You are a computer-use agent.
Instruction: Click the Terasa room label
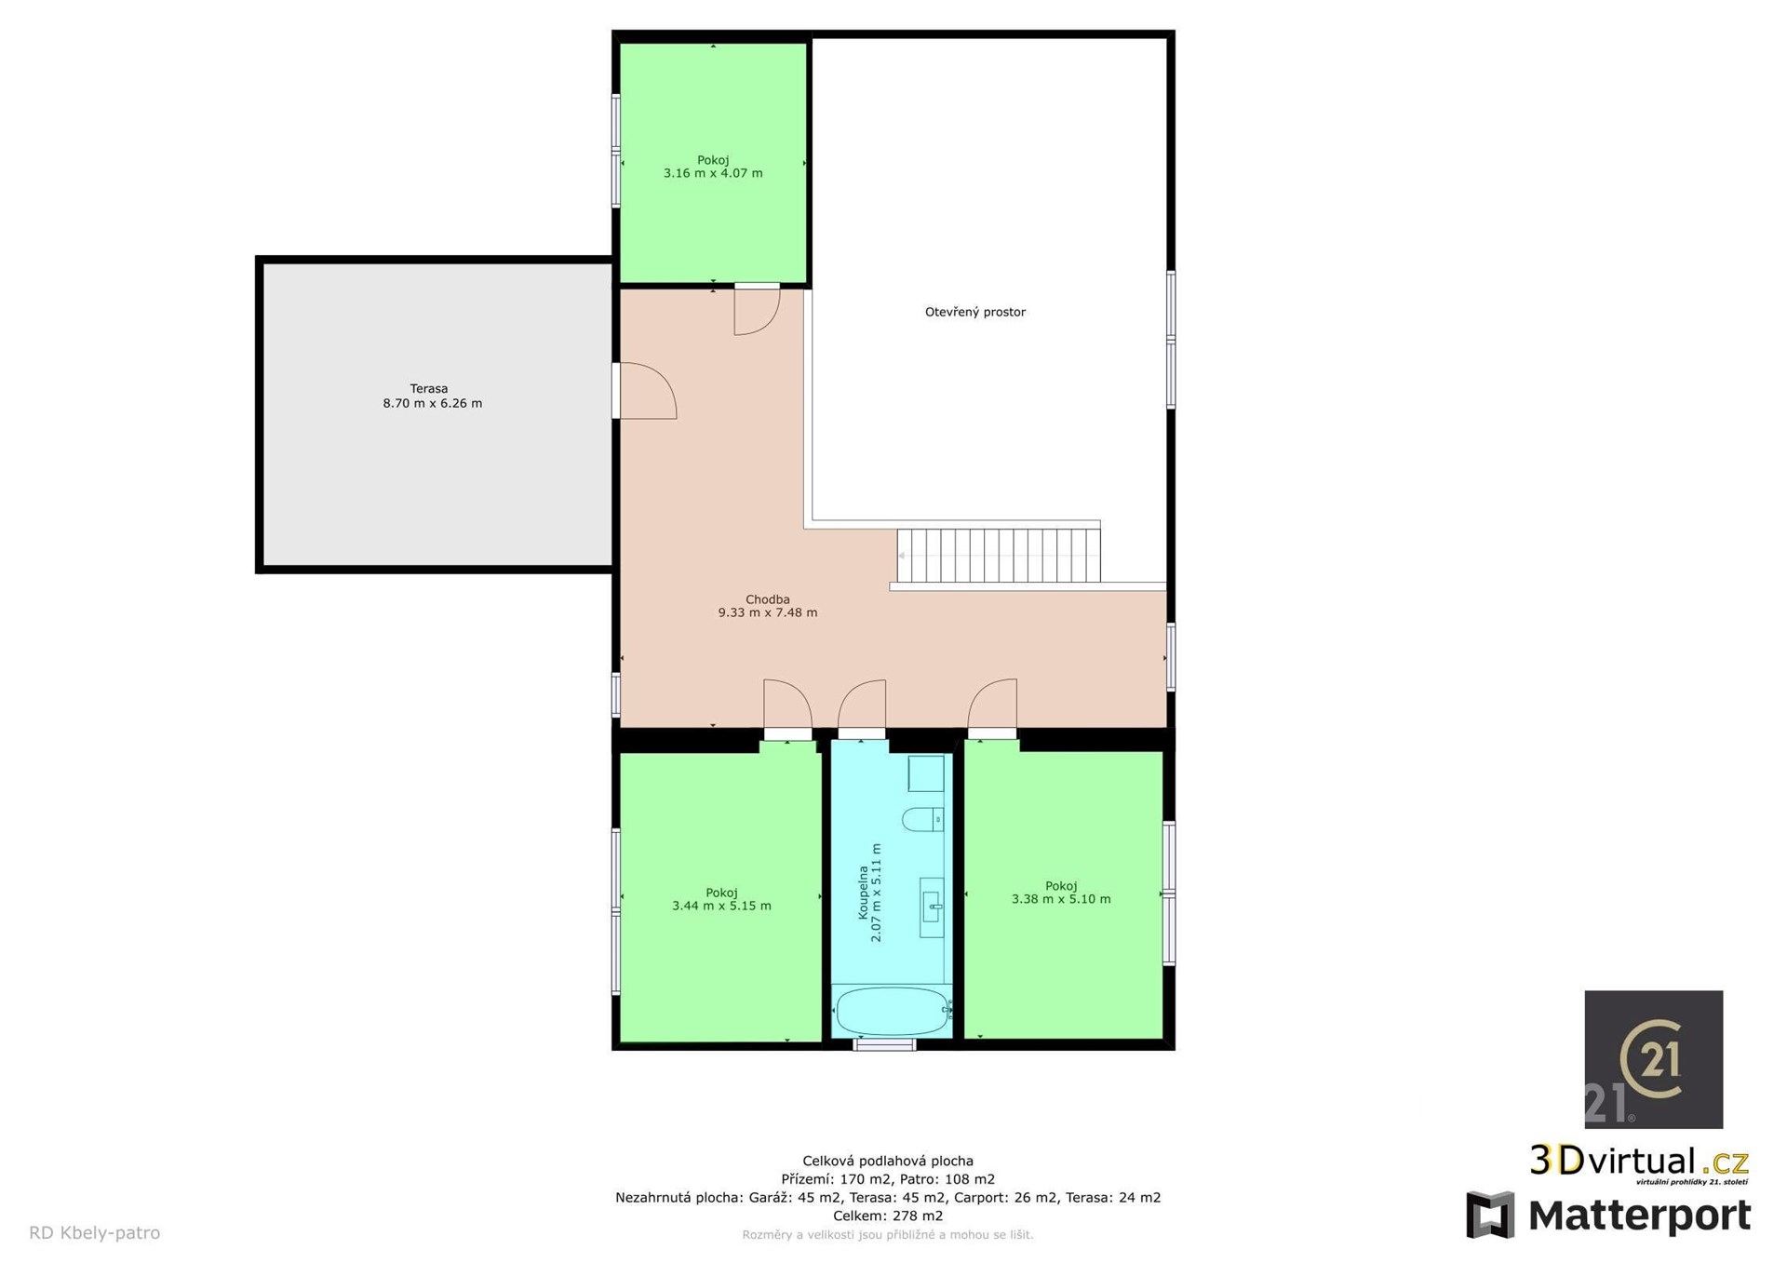click(x=429, y=389)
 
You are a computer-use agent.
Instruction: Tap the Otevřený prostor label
click(x=975, y=313)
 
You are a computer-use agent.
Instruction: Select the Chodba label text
click(x=768, y=599)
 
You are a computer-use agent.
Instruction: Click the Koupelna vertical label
click(x=863, y=894)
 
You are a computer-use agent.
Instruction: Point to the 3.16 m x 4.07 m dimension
click(x=713, y=173)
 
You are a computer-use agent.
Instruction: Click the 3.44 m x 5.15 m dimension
click(x=721, y=906)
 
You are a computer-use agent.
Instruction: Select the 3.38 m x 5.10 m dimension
click(x=1061, y=899)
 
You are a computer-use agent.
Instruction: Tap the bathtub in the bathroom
click(x=892, y=1011)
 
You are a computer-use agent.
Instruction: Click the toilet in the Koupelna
click(x=922, y=819)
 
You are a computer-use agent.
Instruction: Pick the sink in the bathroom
click(x=932, y=907)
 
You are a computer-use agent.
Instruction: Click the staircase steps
click(x=999, y=556)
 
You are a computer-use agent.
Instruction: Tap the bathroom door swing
click(x=862, y=705)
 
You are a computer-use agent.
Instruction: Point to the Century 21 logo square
click(x=1654, y=1059)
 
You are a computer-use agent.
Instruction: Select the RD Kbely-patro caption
click(x=95, y=1233)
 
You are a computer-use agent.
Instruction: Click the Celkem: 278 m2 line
click(x=888, y=1216)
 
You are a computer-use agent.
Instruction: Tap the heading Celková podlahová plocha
click(x=888, y=1161)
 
